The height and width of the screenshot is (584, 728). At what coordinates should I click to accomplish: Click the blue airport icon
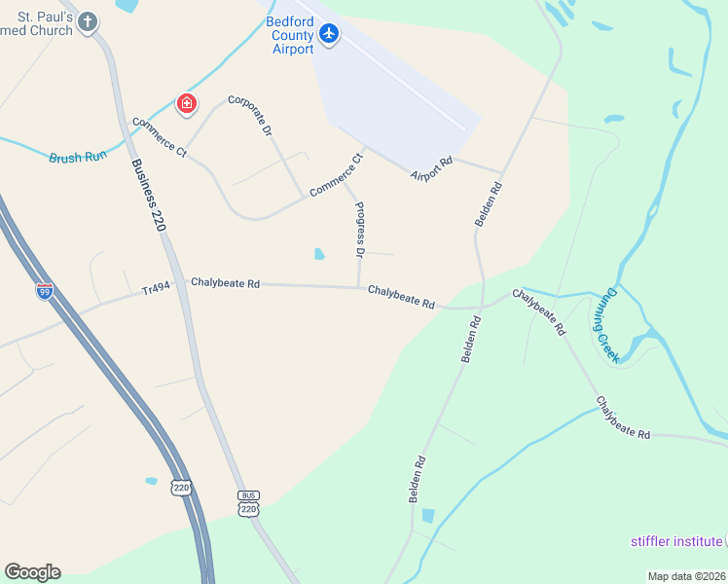point(329,34)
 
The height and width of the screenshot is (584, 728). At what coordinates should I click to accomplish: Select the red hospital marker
point(185,103)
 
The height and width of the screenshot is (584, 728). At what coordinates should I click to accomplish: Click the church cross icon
point(89,21)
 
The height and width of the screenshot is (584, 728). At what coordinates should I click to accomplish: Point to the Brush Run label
point(77,156)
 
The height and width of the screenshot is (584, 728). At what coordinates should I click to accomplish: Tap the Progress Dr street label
point(359,230)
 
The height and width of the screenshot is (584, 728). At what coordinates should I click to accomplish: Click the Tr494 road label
point(156,289)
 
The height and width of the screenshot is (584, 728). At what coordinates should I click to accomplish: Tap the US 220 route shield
point(180,486)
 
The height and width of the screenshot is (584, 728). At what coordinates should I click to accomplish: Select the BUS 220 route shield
point(249,502)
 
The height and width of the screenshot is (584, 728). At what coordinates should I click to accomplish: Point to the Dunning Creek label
point(607,324)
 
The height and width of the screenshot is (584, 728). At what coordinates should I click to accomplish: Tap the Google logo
point(32,572)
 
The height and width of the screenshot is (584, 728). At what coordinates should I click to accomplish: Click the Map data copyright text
point(686,576)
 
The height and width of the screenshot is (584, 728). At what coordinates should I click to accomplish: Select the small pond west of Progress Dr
point(319,255)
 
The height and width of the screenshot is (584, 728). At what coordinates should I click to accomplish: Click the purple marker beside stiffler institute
point(725,541)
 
